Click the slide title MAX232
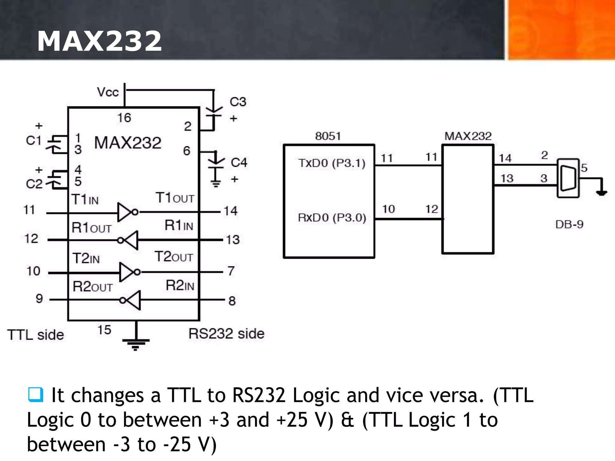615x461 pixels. coord(99,41)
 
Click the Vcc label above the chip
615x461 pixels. coord(108,92)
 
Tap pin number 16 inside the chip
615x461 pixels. coord(124,118)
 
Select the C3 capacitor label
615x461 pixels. coord(238,102)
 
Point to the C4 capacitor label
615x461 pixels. coord(239,163)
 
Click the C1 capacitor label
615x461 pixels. coord(33,140)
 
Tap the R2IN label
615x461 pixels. coord(180,285)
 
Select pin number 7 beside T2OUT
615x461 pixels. coord(231,271)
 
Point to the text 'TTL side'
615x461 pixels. coord(35,335)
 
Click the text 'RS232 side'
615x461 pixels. coord(226,334)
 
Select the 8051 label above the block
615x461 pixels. coord(328,136)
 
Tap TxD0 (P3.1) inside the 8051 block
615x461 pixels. coord(332,163)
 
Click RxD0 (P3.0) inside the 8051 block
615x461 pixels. coord(332,218)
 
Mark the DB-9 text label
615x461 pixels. coord(569,224)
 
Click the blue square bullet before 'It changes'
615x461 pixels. coord(36,394)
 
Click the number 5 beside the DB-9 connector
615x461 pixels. coord(584,168)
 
